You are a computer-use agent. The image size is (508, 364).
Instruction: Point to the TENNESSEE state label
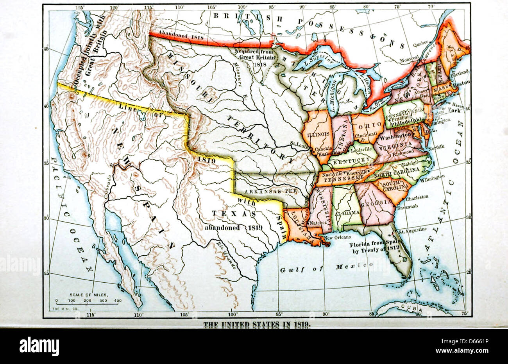[x=343, y=178]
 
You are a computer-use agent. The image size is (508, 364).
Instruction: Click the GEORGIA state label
[x=376, y=202]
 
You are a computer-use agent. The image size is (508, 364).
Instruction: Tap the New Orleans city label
[x=337, y=237]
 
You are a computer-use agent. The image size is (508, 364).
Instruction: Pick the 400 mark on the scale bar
[x=118, y=301]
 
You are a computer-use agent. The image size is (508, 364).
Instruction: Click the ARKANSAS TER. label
[x=271, y=191]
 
